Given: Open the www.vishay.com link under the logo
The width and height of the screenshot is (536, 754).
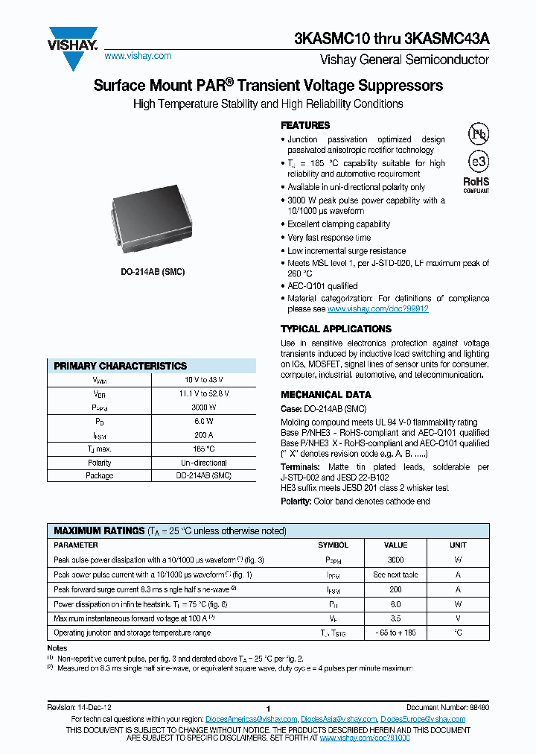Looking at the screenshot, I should [x=138, y=56].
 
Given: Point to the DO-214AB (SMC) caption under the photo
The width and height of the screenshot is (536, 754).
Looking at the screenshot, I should [x=153, y=272].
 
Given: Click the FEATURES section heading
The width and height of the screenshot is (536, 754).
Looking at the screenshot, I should [x=305, y=125].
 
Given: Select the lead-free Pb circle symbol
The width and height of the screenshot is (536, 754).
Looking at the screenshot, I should [x=477, y=134].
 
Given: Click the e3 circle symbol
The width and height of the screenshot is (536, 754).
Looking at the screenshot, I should [x=477, y=162].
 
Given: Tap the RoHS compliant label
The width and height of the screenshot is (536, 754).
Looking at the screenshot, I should [x=476, y=184].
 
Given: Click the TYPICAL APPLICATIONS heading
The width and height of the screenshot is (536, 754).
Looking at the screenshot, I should [x=336, y=329].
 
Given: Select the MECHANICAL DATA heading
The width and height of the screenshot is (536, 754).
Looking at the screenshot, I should [x=325, y=395].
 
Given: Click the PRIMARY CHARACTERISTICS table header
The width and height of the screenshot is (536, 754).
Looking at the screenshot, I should [x=121, y=366].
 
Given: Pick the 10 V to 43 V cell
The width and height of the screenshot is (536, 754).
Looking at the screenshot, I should [x=202, y=380].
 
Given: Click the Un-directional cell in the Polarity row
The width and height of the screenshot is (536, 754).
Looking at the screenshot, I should [x=202, y=462].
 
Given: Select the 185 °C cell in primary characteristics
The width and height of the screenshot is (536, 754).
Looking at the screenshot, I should [x=202, y=449].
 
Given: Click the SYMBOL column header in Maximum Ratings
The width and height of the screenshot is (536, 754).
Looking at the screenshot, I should [x=333, y=545].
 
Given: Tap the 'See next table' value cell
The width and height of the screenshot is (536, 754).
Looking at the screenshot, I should [x=395, y=574].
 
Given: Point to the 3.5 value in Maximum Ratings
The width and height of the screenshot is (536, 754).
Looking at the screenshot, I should [x=395, y=618].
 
